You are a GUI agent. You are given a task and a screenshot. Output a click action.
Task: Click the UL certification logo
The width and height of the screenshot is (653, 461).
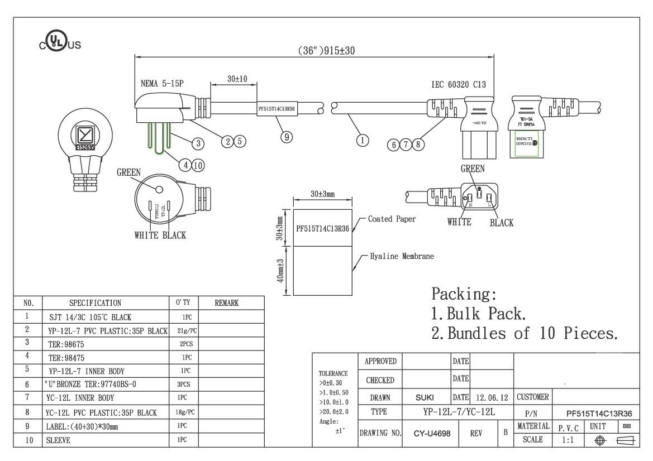[60, 43]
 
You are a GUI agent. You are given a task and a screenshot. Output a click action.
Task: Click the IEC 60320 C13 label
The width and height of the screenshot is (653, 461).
[458, 85]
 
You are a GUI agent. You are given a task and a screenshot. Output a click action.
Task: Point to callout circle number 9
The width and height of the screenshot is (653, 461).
[287, 137]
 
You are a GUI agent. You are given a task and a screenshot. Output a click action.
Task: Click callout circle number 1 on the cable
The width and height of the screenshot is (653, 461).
[363, 140]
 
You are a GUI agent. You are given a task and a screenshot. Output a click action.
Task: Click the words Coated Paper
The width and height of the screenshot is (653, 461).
[392, 219]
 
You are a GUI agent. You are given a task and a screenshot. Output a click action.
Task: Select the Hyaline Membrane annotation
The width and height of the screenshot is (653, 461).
[402, 257]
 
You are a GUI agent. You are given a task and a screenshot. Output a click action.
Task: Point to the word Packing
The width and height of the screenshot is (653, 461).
[464, 294]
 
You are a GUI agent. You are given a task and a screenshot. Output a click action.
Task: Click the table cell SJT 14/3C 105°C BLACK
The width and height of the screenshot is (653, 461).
[90, 316]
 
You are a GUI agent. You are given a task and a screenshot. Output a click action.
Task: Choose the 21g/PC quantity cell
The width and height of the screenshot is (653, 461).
[184, 330]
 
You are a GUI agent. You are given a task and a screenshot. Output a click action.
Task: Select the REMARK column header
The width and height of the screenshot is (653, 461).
[226, 303]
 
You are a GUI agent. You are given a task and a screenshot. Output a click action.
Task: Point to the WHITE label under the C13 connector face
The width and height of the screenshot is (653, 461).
[459, 222]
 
